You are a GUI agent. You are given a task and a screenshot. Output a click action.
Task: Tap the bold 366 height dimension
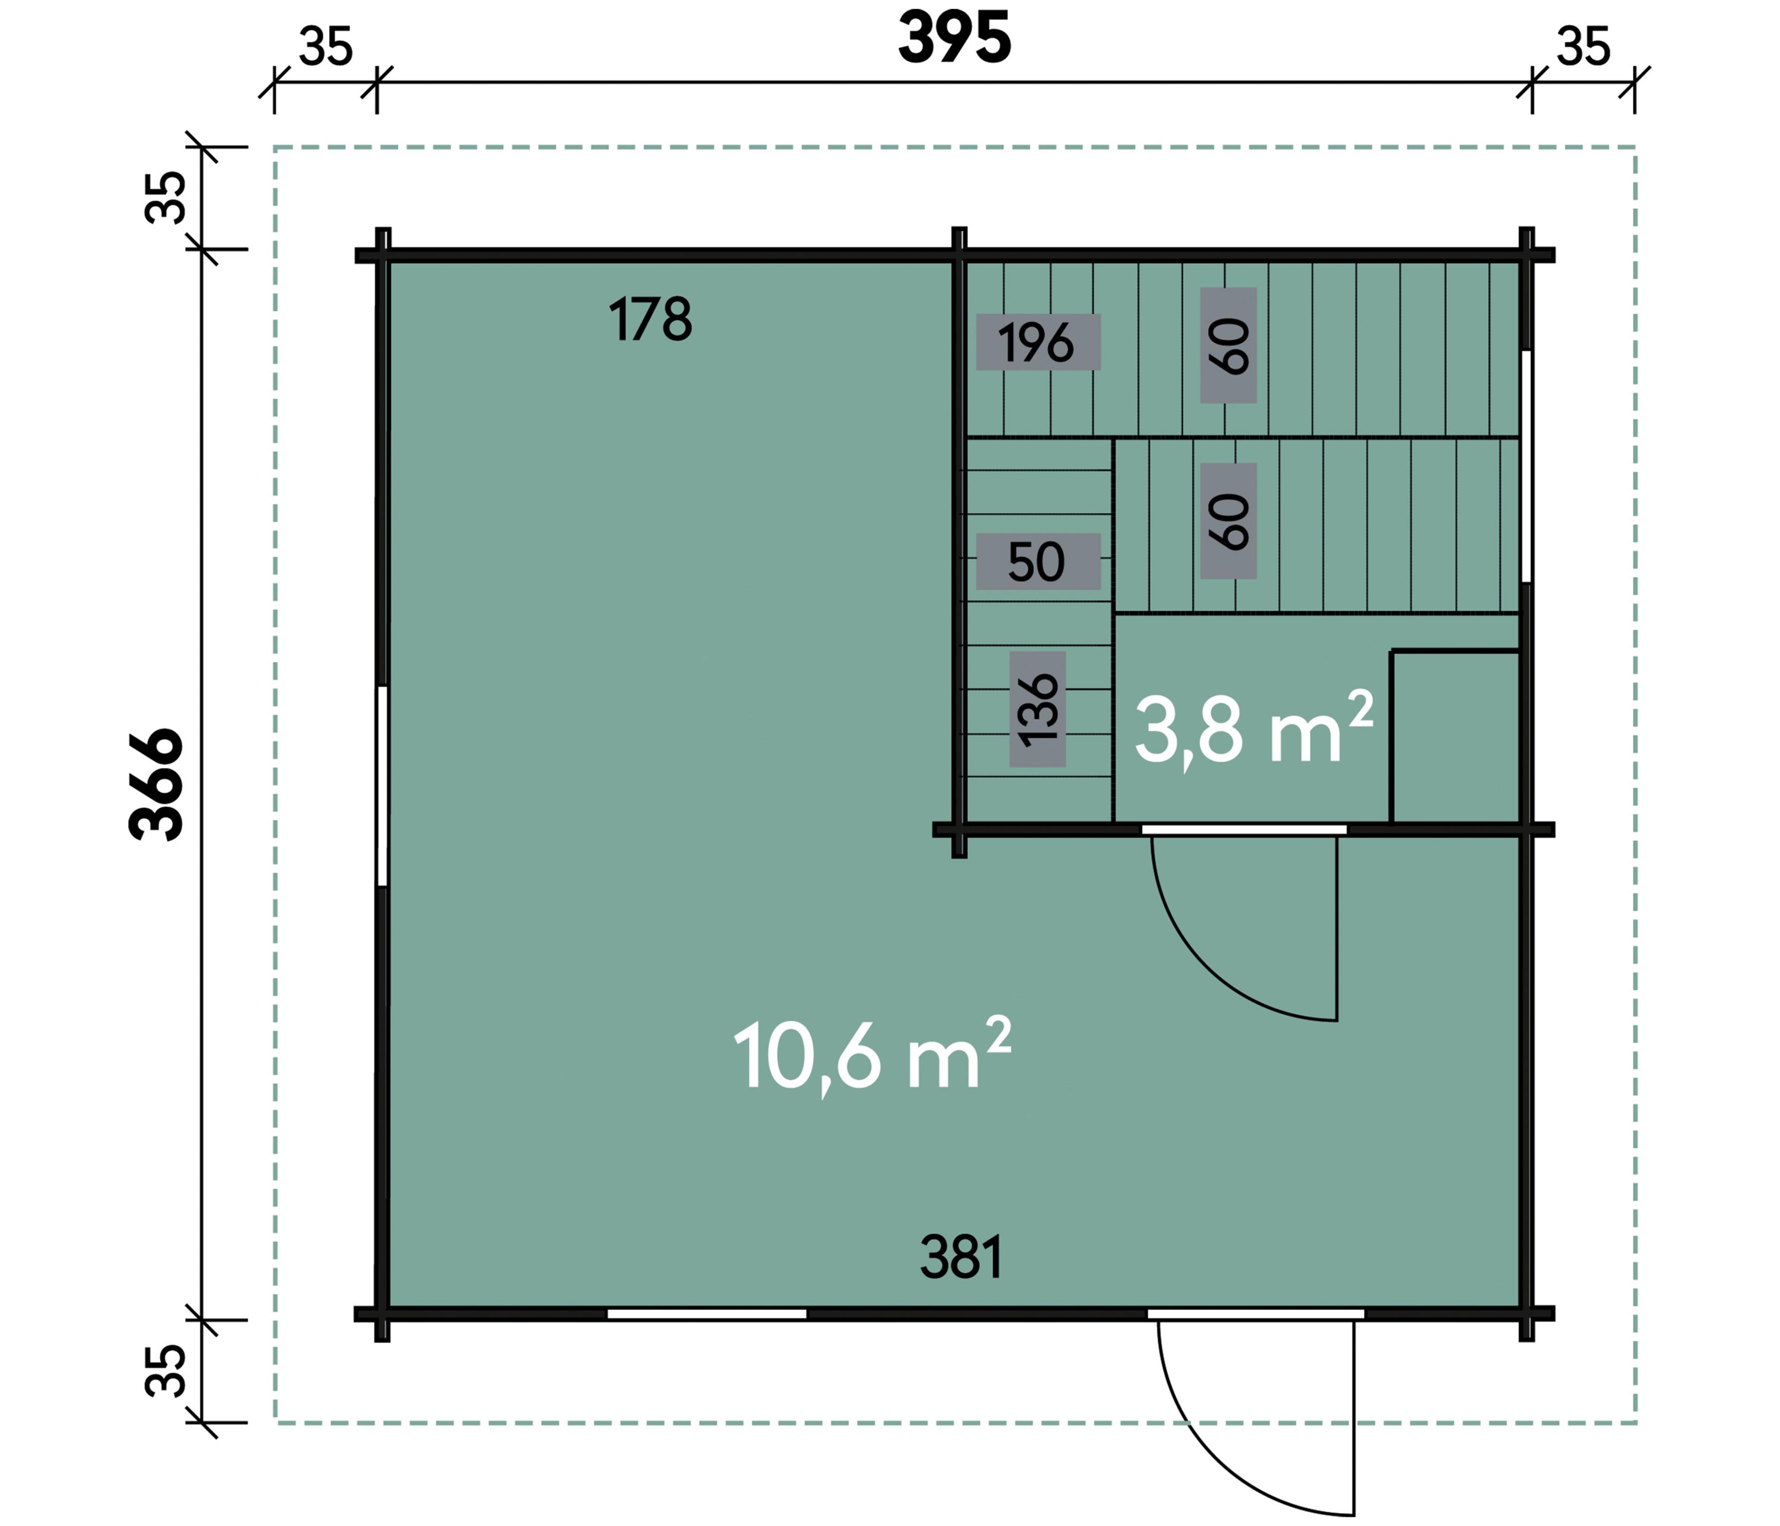pyautogui.click(x=156, y=785)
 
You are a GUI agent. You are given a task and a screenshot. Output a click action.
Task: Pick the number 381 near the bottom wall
pyautogui.click(x=961, y=1257)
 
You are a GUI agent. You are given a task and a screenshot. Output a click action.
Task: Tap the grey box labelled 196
pyautogui.click(x=1038, y=342)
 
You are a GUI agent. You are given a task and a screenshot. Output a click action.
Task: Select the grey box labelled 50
pyautogui.click(x=1038, y=561)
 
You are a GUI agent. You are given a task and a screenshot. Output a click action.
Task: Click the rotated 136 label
pyautogui.click(x=1038, y=709)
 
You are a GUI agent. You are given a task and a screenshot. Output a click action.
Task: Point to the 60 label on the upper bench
pyautogui.click(x=1228, y=345)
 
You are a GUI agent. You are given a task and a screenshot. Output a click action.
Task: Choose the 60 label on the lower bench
pyautogui.click(x=1228, y=521)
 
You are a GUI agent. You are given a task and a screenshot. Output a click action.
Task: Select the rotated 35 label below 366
pyautogui.click(x=165, y=1371)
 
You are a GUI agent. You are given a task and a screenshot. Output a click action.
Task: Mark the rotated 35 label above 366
pyautogui.click(x=165, y=198)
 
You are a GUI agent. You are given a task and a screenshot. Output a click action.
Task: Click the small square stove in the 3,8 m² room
pyautogui.click(x=1455, y=736)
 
